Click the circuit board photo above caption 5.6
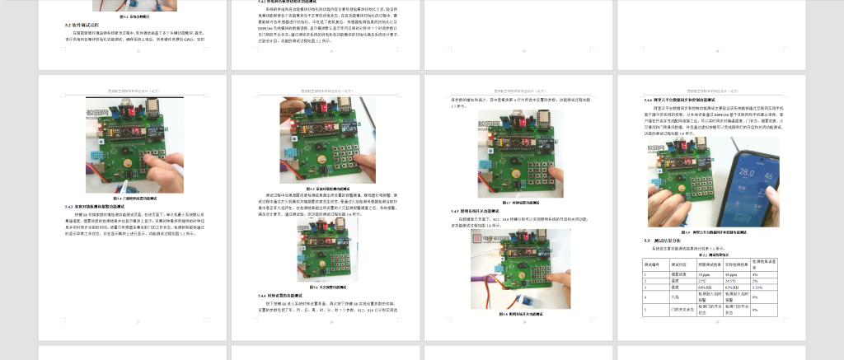330,250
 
